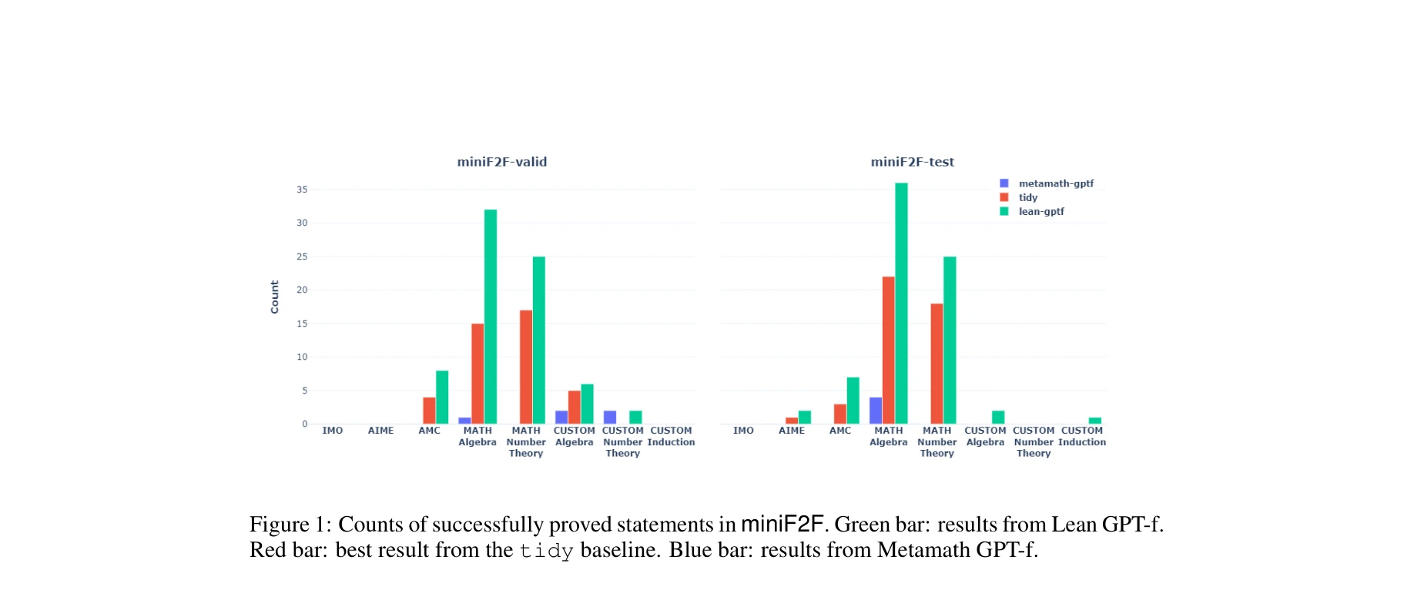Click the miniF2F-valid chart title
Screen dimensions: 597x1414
(501, 162)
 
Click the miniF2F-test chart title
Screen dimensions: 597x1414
(912, 162)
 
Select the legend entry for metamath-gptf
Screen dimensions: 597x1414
(1055, 183)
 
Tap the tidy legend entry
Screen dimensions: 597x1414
(1027, 197)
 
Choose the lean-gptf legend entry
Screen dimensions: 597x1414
(1040, 211)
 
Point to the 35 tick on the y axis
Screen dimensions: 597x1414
(302, 189)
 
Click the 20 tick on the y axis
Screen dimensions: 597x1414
(302, 290)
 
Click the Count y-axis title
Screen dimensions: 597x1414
(274, 297)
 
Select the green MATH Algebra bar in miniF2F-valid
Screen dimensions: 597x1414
(490, 316)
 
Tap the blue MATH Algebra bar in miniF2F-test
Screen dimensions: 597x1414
(876, 411)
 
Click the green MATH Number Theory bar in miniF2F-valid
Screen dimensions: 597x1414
(538, 340)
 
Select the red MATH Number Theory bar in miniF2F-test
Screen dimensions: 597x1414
(937, 364)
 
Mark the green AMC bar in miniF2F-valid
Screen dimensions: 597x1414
(442, 397)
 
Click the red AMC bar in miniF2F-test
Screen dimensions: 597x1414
(840, 414)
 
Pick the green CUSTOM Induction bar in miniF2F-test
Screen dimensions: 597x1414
(1094, 421)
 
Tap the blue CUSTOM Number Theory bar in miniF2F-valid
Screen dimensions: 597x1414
(610, 418)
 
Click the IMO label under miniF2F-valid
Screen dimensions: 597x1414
(333, 431)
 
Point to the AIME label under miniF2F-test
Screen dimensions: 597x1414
(792, 431)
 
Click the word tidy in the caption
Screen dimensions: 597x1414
(546, 551)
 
